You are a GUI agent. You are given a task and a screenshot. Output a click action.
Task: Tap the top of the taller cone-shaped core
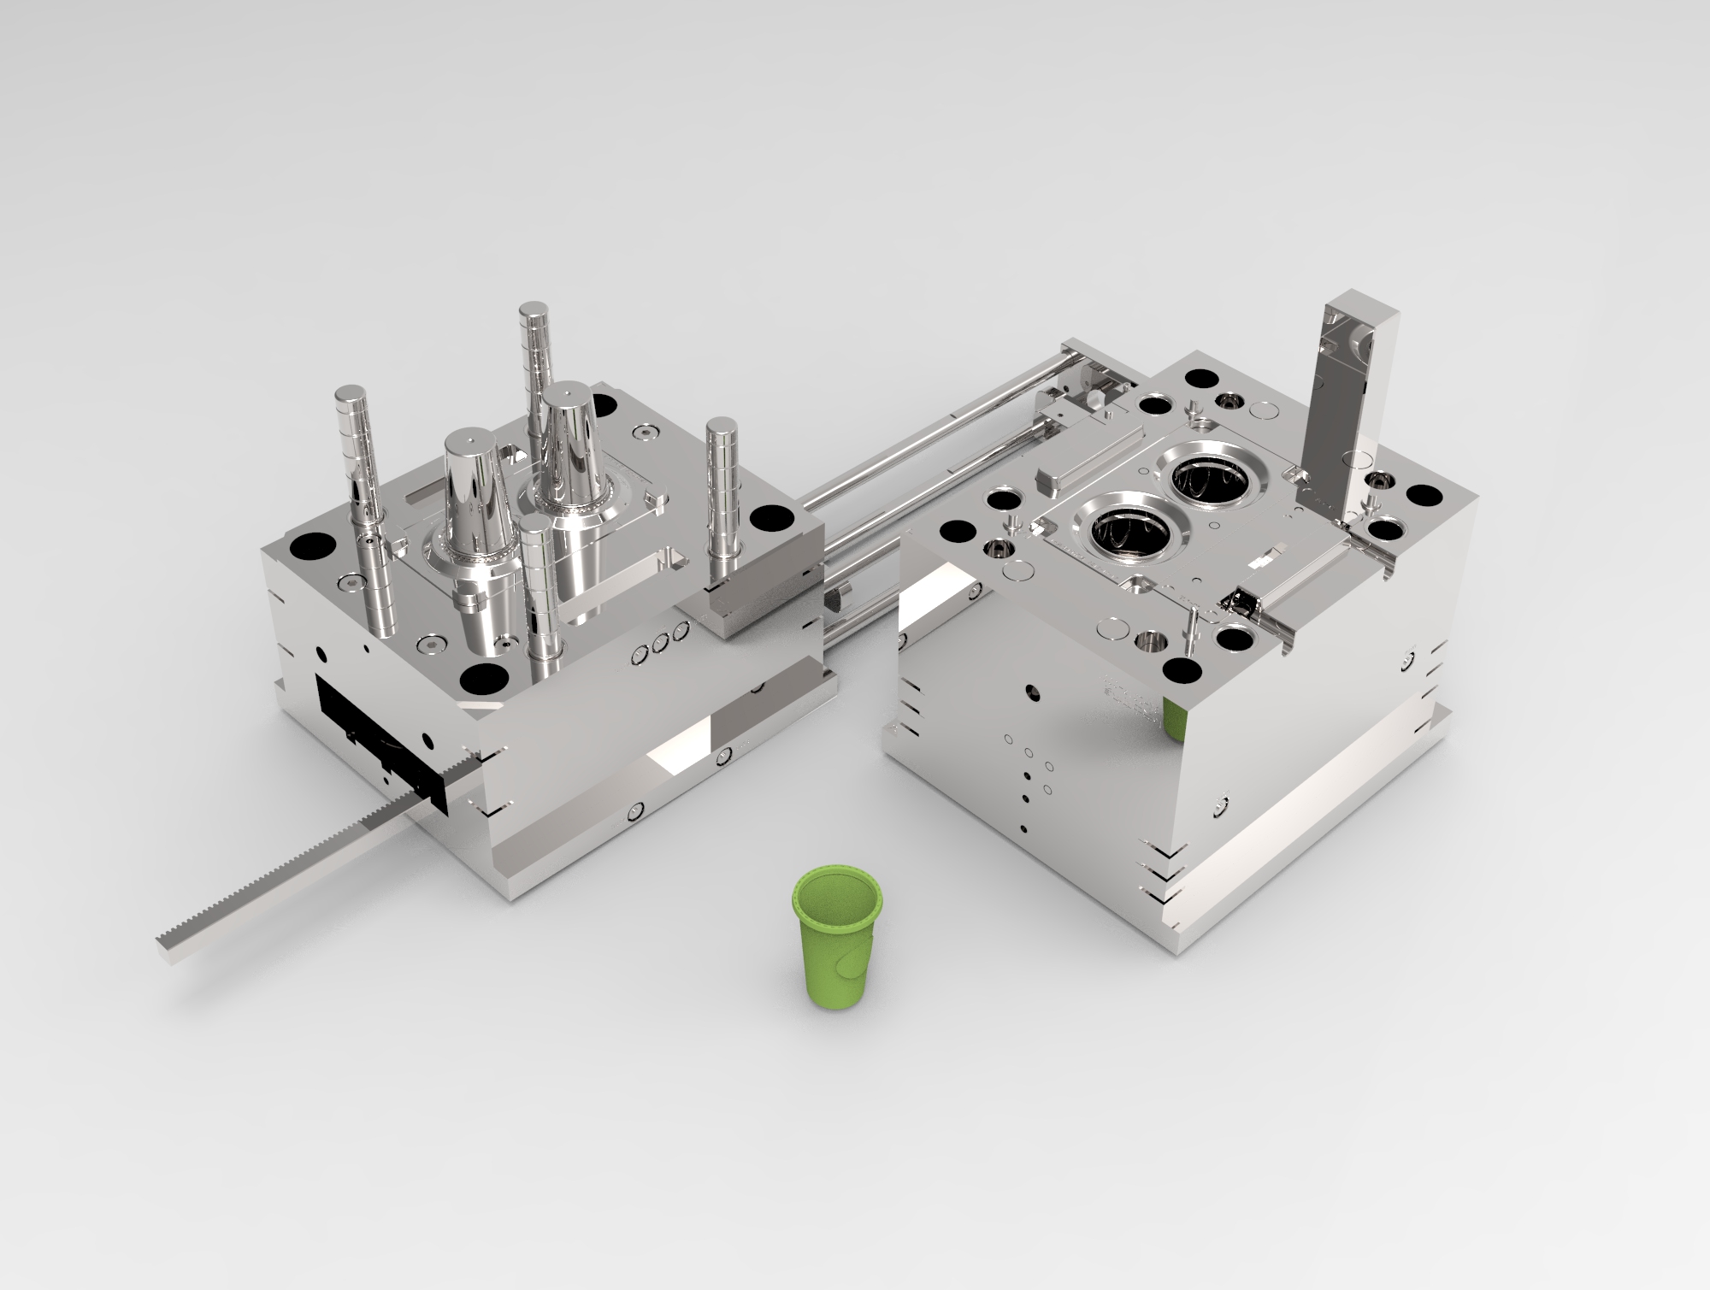click(568, 395)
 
